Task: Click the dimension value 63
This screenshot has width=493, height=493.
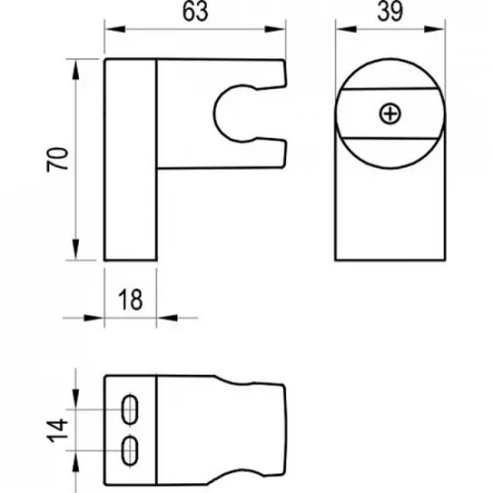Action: [195, 12]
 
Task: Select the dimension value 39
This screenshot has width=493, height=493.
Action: [390, 12]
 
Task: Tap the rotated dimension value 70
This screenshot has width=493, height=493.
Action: [57, 160]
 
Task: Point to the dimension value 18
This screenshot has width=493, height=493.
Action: [130, 300]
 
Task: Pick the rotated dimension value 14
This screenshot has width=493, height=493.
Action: [57, 431]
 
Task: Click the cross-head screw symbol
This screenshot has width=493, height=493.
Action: [390, 114]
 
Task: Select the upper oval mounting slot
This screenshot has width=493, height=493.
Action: [130, 409]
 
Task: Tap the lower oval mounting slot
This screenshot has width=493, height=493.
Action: [130, 451]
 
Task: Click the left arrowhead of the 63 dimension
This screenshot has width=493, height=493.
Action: [115, 30]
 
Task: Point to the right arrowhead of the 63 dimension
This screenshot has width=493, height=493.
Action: [275, 30]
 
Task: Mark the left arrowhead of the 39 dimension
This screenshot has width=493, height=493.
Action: [346, 30]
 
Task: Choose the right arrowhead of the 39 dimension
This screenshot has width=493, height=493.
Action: [435, 30]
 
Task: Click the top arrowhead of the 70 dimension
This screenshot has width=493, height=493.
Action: [76, 70]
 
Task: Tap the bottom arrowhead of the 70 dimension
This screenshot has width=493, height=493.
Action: [76, 249]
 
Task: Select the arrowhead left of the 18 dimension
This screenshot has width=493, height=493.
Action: [94, 317]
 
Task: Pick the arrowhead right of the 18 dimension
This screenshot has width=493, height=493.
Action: [167, 317]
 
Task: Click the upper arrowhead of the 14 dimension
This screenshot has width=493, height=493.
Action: [76, 398]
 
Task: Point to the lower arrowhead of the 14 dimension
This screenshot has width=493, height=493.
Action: [76, 461]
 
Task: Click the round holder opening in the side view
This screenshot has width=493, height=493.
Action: [214, 113]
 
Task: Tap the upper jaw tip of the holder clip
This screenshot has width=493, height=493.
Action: [285, 74]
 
